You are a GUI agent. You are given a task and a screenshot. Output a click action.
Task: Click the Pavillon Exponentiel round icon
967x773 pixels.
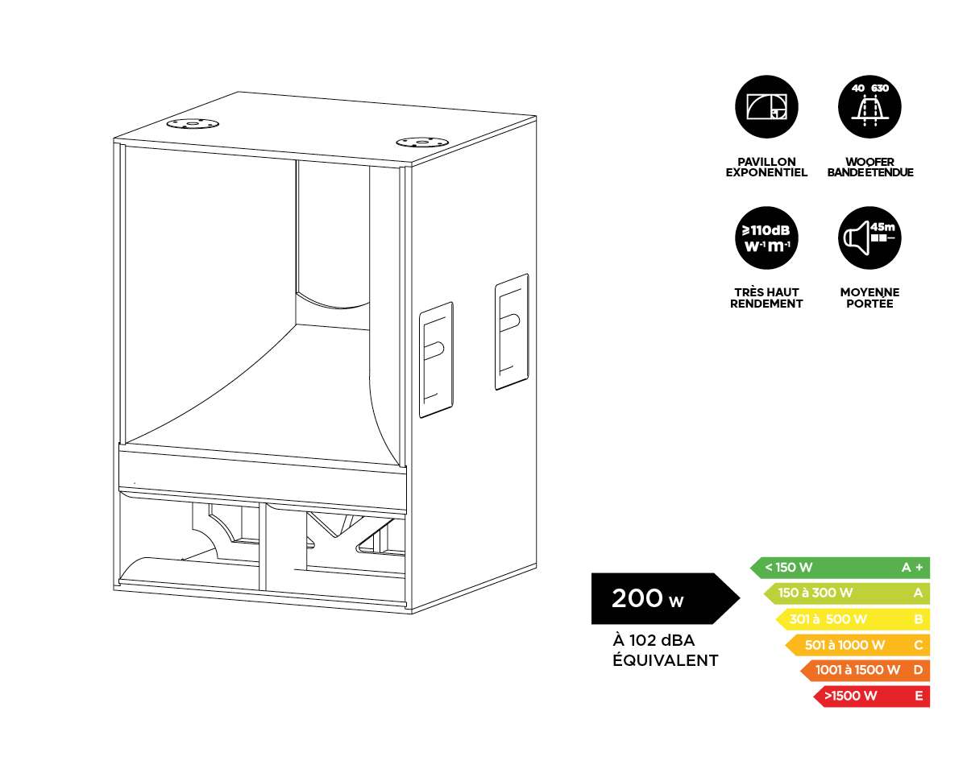(x=766, y=108)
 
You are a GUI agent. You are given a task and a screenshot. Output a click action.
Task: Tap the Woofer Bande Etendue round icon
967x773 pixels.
(x=869, y=108)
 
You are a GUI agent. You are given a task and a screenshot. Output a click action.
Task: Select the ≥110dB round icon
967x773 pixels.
(x=766, y=238)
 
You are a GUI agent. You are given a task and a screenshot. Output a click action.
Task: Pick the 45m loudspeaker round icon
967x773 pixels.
(x=869, y=238)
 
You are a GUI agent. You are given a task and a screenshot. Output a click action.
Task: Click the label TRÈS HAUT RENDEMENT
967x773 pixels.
(x=766, y=298)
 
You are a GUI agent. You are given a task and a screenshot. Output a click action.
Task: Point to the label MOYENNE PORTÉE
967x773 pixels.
(x=869, y=298)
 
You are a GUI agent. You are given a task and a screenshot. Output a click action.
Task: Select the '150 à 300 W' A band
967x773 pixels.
(x=846, y=593)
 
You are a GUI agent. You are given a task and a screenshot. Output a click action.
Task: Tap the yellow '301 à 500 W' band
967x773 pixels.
(x=853, y=619)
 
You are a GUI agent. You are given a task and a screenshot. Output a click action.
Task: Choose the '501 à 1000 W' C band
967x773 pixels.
(x=857, y=645)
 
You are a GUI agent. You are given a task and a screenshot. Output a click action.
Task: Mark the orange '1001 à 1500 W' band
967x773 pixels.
(x=865, y=670)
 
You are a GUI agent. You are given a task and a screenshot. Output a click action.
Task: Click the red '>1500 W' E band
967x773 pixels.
(x=872, y=696)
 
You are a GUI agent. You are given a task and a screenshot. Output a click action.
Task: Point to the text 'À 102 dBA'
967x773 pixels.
(x=654, y=641)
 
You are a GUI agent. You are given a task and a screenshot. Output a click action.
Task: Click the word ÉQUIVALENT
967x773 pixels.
(x=666, y=661)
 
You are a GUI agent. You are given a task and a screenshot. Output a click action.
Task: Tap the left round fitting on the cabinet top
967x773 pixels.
(x=193, y=124)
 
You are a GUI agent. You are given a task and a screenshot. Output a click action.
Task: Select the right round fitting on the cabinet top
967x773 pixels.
(x=421, y=142)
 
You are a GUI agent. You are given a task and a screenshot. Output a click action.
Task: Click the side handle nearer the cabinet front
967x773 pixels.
(x=435, y=359)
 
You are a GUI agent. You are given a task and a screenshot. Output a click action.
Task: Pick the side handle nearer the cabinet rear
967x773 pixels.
(x=512, y=331)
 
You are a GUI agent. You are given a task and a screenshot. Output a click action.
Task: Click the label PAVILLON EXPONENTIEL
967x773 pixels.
(x=766, y=167)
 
